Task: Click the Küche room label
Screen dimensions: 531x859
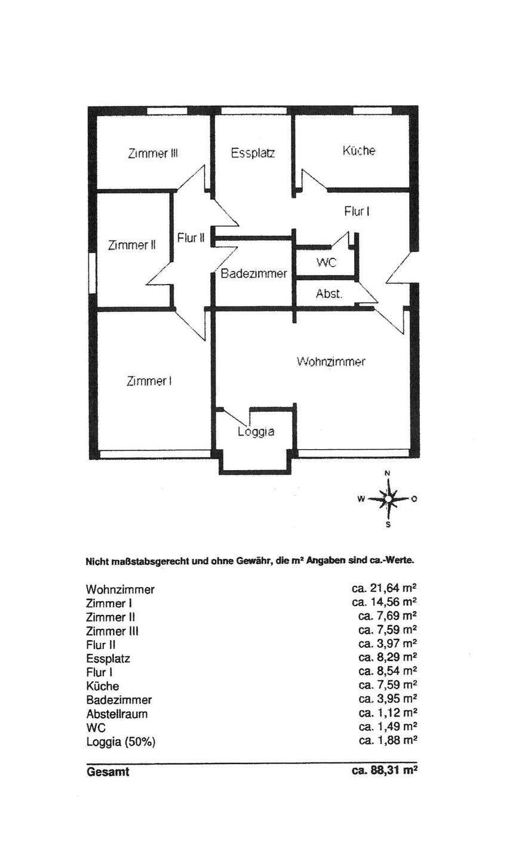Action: click(358, 151)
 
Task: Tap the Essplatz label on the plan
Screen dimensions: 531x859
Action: click(253, 153)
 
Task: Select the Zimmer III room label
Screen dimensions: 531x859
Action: click(154, 153)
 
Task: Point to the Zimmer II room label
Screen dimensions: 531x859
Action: click(133, 245)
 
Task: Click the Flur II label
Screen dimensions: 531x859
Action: click(191, 237)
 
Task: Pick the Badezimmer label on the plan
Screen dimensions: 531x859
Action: click(254, 274)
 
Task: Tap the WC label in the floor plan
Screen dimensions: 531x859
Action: click(327, 264)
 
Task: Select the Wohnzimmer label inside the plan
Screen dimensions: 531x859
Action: click(331, 361)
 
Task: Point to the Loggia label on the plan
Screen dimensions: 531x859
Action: click(256, 431)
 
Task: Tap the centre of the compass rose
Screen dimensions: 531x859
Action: click(388, 499)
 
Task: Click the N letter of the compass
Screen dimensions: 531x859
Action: click(387, 473)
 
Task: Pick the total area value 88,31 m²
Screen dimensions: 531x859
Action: click(384, 771)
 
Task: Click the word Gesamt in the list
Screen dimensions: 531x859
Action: click(108, 772)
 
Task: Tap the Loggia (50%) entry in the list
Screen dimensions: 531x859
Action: click(124, 741)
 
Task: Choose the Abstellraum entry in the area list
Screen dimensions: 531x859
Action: click(116, 713)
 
